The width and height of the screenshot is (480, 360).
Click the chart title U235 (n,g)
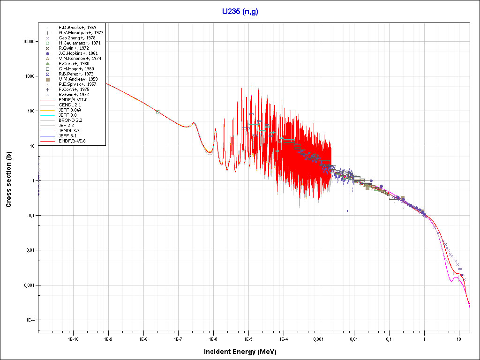click(x=240, y=11)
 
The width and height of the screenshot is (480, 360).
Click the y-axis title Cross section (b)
click(x=8, y=180)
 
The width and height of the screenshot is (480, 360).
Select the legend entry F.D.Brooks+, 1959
click(x=77, y=28)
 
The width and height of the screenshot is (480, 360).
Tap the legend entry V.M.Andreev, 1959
click(x=78, y=79)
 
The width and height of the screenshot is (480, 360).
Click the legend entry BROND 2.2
click(x=70, y=120)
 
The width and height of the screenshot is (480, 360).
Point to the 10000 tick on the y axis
click(x=28, y=41)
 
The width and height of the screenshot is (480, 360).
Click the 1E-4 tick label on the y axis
click(x=30, y=320)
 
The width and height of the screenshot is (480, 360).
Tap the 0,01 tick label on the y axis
click(x=30, y=250)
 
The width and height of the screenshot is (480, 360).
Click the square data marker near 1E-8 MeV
click(x=158, y=112)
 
